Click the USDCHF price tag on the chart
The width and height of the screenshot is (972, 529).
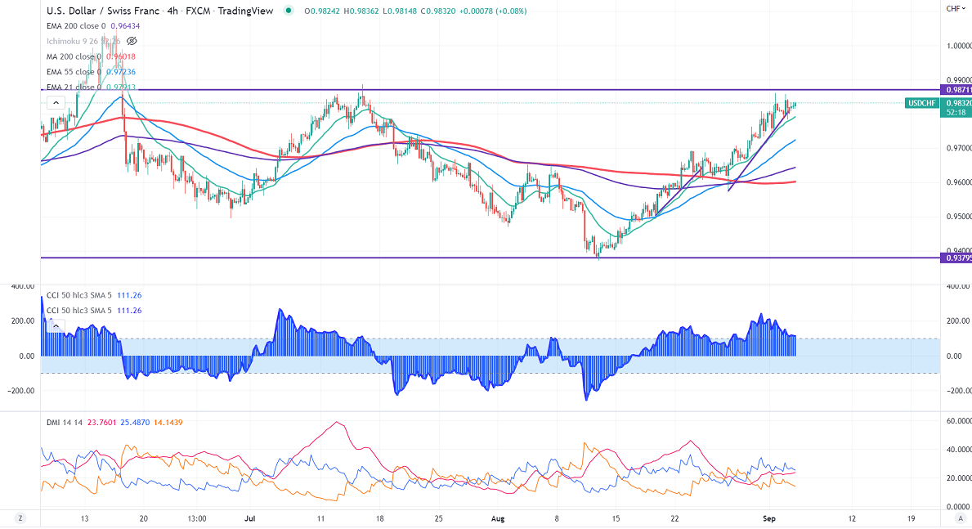point(922,103)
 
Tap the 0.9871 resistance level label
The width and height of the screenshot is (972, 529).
point(957,89)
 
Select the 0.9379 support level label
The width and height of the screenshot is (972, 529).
point(957,258)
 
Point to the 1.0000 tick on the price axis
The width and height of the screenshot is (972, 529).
point(957,46)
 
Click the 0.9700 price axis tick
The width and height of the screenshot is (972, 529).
point(957,148)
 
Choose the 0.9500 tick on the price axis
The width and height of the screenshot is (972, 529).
point(957,217)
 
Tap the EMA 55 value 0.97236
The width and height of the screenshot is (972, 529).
point(119,72)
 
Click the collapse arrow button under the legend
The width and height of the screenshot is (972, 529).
point(55,103)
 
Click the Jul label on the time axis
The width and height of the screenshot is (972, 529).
point(250,518)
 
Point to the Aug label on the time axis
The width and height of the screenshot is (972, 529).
point(496,518)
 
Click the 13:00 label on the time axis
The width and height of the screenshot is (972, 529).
point(196,518)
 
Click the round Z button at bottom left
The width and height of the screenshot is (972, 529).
point(19,518)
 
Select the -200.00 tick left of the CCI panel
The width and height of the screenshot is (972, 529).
point(20,390)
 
